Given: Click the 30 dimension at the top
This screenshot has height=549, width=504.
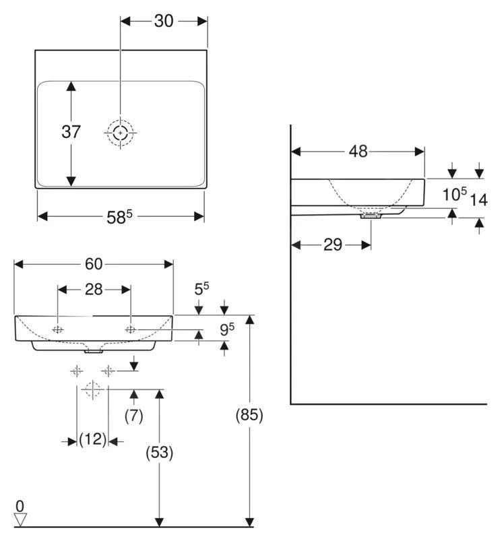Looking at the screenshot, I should point(164,21).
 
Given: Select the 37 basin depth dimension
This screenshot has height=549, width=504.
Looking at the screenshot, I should point(71,132).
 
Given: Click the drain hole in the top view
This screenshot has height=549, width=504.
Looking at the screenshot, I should point(121,133).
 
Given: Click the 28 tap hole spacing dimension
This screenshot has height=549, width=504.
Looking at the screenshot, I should point(94,290).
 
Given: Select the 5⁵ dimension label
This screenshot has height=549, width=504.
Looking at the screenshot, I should point(201,289).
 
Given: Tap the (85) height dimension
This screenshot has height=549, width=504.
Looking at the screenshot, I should point(249,416).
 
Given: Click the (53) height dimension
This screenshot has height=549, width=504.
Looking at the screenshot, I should point(160,453).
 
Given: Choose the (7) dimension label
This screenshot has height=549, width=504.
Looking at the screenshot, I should point(134,416).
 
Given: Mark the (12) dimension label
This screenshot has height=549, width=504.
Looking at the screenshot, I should point(93,440).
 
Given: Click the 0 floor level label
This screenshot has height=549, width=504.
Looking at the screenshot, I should point(20,505).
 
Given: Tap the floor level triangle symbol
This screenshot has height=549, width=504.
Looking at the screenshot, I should point(20,519).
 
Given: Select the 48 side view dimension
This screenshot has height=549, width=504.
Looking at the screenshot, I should point(358,152).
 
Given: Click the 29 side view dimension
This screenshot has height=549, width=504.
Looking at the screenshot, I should point(332,244).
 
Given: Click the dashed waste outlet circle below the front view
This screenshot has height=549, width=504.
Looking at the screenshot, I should point(92,389).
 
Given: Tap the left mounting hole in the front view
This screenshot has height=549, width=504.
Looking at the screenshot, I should point(58,329).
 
